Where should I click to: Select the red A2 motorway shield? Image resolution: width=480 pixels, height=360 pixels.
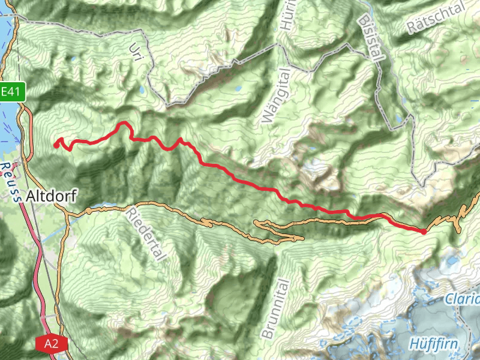point(51,344)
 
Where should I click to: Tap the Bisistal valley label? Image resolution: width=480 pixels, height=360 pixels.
point(370,35)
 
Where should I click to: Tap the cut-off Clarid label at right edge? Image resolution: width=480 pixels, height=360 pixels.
point(463,299)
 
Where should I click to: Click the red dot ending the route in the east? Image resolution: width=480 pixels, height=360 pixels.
point(424,231)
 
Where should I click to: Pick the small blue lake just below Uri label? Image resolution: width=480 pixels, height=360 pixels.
point(142,91)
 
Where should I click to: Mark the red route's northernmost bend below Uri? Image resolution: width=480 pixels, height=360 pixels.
point(125,123)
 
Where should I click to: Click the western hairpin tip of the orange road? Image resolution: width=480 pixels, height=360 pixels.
point(256,223)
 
